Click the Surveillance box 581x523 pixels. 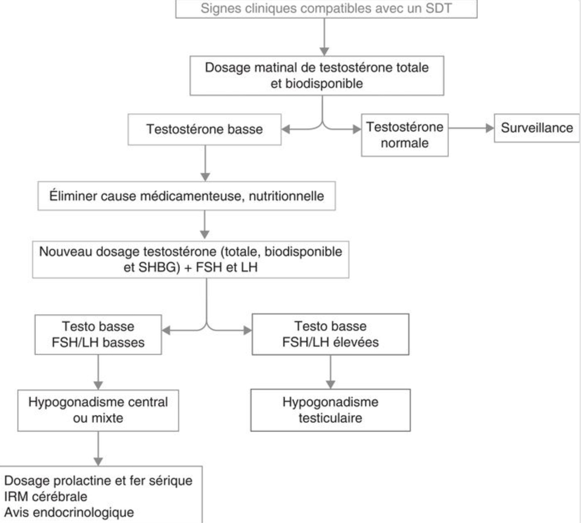click(x=537, y=128)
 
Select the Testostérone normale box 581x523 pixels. click(x=405, y=135)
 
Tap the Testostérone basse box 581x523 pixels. click(x=205, y=129)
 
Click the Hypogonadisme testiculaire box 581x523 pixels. click(x=331, y=410)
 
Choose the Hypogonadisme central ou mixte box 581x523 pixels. click(x=98, y=410)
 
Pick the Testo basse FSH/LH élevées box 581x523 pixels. click(x=331, y=334)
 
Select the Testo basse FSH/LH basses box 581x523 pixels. click(x=98, y=335)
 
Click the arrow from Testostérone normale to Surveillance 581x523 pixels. click(x=471, y=128)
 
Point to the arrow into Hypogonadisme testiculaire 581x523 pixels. click(x=331, y=372)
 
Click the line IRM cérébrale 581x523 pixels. click(x=46, y=497)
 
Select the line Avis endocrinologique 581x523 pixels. click(x=69, y=513)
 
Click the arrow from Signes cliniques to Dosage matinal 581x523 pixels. click(x=324, y=37)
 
